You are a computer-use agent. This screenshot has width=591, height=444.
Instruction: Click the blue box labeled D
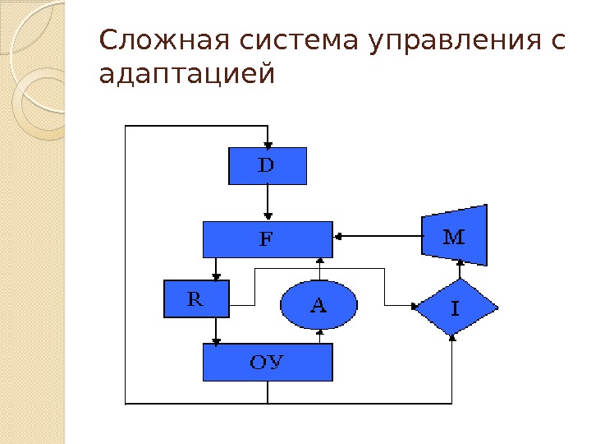coord(267,166)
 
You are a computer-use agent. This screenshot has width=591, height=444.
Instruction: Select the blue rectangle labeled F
coord(268,239)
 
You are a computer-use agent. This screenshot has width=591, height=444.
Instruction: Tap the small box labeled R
coord(197,299)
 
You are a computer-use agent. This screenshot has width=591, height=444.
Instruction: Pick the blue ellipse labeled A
coord(319,306)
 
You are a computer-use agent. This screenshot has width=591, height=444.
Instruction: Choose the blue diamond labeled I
coord(456,308)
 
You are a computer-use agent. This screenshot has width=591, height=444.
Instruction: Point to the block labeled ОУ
coord(268,362)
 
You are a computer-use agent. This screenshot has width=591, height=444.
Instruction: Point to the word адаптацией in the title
coord(185,76)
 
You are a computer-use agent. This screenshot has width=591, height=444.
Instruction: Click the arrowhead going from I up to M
coord(460,261)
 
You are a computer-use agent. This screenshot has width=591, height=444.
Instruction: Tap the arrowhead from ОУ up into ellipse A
coord(319,333)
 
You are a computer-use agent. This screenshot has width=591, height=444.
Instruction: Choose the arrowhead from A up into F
coord(319,263)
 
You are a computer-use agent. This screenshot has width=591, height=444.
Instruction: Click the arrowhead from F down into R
coord(217,276)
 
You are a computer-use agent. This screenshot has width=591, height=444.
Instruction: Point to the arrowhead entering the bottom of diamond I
coord(453,338)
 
